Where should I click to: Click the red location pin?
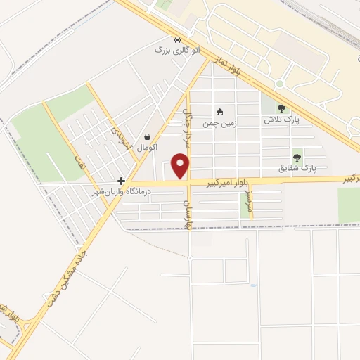181,167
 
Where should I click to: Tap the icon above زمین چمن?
219,112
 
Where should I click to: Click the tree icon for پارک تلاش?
282,108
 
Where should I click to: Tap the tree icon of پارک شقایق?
297,157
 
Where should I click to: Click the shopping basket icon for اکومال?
148,136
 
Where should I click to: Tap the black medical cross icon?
121,181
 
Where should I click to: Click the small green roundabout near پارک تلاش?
279,84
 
